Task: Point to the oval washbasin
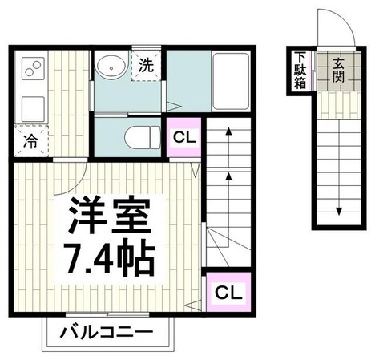tap(111, 67)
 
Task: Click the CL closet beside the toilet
tap(184, 136)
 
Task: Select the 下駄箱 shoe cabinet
tap(299, 71)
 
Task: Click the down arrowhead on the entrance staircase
tap(339, 212)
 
